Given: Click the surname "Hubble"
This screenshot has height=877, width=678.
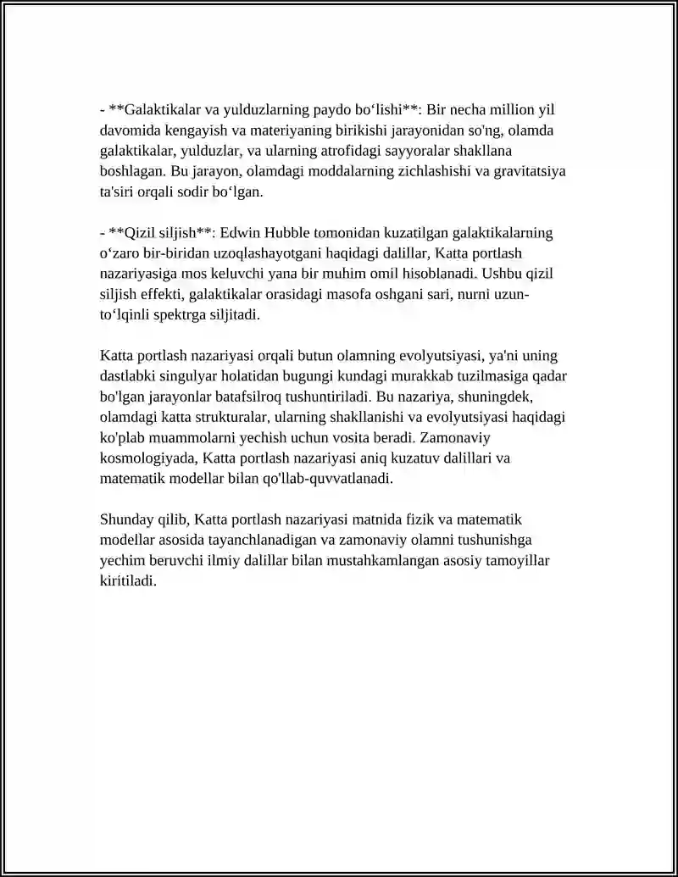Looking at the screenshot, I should [290, 233].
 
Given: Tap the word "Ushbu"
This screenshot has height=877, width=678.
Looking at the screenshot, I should [501, 274].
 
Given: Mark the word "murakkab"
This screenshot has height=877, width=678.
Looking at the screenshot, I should [414, 376].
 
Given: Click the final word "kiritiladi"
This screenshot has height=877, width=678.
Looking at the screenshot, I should [127, 581].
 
